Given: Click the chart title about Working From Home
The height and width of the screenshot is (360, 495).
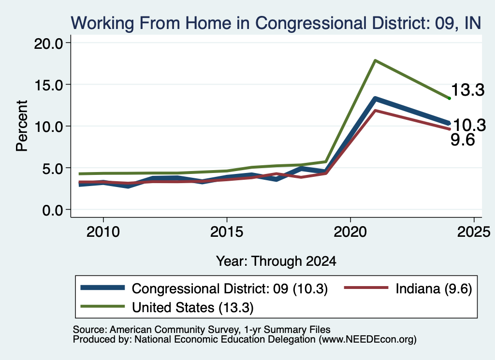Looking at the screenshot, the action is tap(276, 23).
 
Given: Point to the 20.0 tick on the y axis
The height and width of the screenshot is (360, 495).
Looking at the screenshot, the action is tap(48, 43).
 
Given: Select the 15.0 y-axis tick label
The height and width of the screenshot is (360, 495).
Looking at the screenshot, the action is tap(48, 85).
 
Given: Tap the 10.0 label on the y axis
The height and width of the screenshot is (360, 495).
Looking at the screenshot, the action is tap(48, 127).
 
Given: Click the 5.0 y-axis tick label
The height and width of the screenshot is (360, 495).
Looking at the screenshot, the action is tap(53, 168).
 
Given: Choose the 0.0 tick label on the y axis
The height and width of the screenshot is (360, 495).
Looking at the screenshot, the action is tap(53, 210).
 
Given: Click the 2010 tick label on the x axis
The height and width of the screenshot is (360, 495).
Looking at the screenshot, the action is tap(103, 232).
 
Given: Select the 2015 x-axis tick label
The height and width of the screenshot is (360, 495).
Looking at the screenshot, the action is tap(227, 232).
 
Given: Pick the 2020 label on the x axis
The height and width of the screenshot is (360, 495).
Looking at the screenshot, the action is tap(350, 232).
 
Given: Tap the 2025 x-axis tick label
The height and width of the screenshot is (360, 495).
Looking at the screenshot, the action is tap(474, 232).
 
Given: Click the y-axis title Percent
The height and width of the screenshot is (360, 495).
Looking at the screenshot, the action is tap(22, 126).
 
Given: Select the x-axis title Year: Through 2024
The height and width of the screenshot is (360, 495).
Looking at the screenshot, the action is tap(276, 261).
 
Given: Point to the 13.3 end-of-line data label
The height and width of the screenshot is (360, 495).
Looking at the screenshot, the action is tap(467, 90).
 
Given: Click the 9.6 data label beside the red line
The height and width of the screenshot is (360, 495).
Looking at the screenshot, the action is tap(463, 140).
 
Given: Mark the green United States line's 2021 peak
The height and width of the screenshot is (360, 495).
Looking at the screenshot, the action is tap(375, 60).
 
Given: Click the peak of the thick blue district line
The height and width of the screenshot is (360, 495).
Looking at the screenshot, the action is tap(375, 99).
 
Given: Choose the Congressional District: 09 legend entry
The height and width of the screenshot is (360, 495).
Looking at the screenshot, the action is tap(204, 288).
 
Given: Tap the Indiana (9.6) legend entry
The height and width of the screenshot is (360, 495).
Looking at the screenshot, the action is tap(408, 288).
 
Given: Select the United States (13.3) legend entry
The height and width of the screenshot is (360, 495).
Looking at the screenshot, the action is tap(167, 307).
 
